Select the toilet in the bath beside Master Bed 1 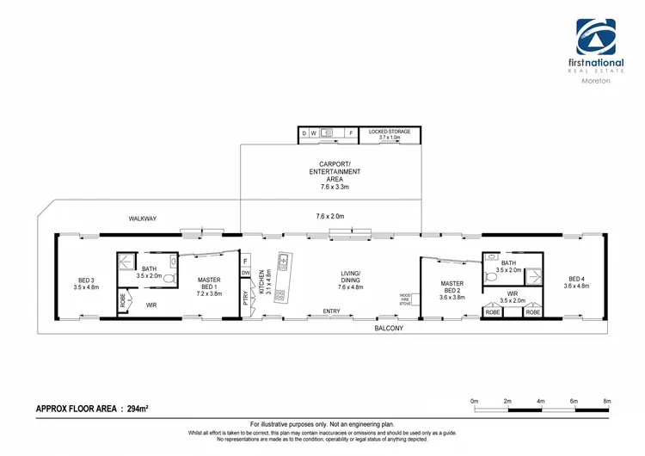tap(173, 280)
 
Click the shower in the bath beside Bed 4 tap(536, 274)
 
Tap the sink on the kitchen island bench tap(284, 262)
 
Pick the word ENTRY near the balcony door tap(331, 311)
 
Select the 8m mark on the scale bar tap(607, 402)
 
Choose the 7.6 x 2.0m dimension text tap(331, 215)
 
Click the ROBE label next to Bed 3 tap(123, 300)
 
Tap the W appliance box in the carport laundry tap(314, 133)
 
